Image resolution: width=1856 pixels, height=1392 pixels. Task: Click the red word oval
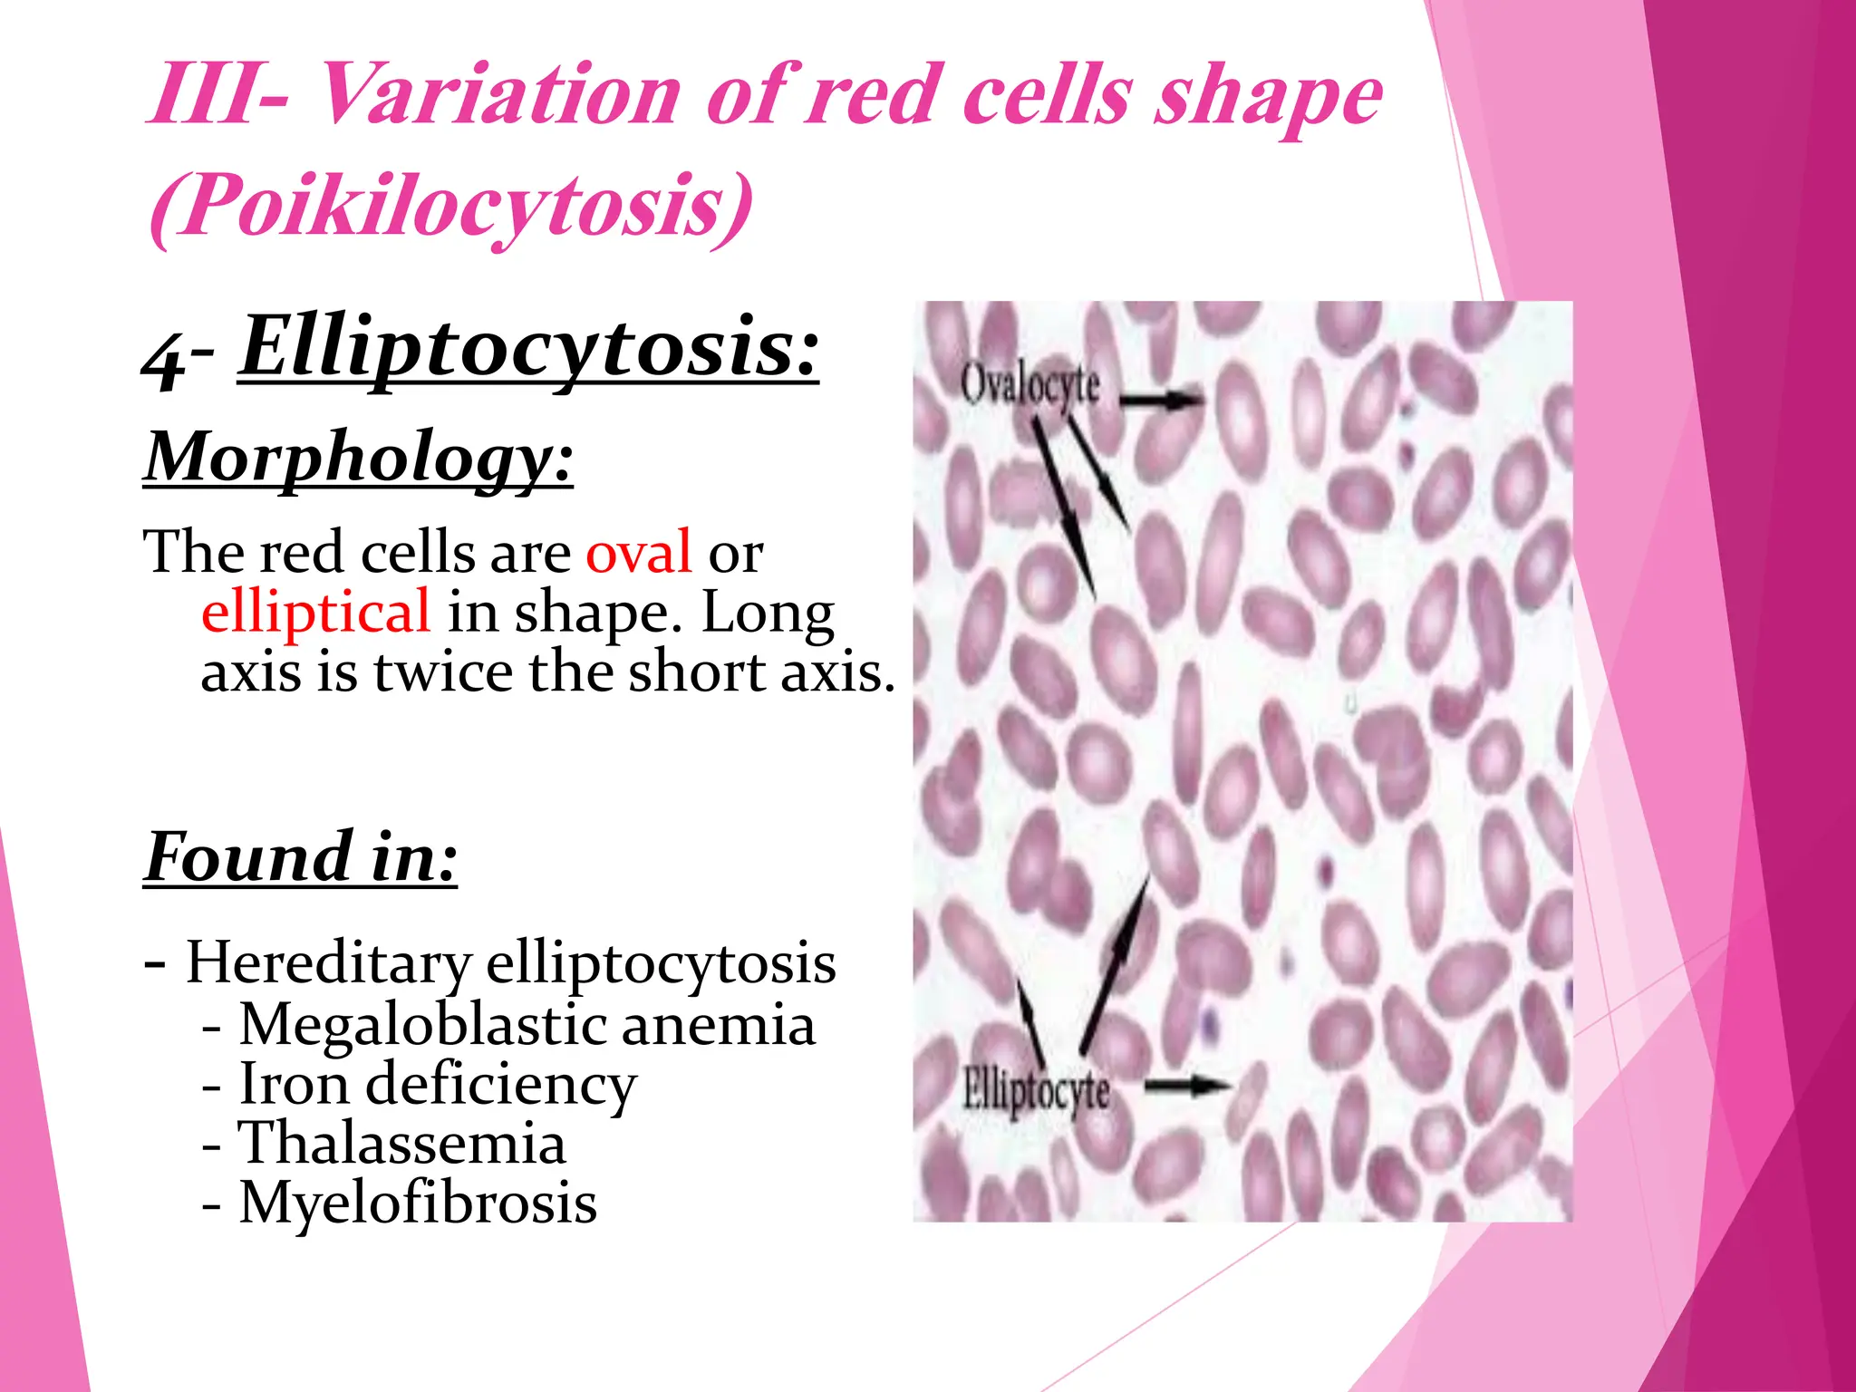pos(639,552)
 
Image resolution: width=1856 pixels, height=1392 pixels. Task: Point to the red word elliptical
pos(315,612)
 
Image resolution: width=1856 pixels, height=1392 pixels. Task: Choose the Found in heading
pos(301,856)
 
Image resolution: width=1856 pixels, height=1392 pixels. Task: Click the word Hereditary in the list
pos(328,962)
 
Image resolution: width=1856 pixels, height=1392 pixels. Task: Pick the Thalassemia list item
pos(401,1144)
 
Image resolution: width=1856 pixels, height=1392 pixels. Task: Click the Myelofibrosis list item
pos(418,1203)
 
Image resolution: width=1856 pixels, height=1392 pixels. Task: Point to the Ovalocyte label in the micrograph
pos(1029,385)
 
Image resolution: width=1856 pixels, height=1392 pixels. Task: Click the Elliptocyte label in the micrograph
pos(1035,1090)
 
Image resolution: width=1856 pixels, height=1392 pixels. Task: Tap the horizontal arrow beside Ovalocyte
pos(1161,398)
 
